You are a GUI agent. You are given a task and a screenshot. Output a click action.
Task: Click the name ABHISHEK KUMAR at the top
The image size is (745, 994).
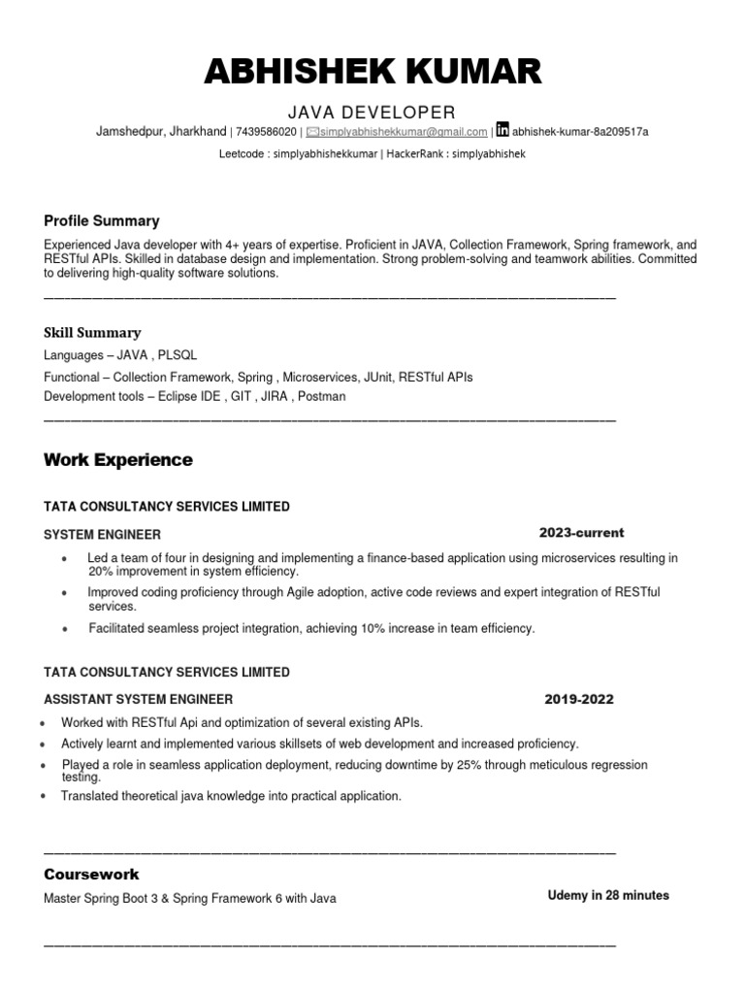372,72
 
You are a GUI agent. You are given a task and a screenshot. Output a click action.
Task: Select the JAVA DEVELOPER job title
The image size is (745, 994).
372,112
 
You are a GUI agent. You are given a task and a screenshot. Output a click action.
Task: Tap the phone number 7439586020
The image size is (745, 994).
266,132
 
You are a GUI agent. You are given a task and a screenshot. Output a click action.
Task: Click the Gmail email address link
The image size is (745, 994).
403,132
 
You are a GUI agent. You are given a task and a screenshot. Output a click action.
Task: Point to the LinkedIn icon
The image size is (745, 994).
502,130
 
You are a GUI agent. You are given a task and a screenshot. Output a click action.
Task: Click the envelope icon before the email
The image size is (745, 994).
312,132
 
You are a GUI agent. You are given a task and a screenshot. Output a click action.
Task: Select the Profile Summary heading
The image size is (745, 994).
102,220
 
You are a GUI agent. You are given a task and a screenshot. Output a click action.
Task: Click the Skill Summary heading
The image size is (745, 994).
92,332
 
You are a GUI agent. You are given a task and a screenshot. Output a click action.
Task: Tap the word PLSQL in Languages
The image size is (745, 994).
176,355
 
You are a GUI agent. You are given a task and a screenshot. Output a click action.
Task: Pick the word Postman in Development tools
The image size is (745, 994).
321,396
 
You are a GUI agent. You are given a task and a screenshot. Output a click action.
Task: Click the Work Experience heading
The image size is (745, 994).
118,460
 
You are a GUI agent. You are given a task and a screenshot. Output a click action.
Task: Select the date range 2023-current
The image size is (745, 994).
582,533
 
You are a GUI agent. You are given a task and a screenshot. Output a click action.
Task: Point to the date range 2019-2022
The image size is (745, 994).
579,699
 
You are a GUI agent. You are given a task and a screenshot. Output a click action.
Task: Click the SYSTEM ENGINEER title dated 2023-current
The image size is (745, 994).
103,534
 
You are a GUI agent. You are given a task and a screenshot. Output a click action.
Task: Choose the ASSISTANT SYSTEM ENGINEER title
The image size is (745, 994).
139,699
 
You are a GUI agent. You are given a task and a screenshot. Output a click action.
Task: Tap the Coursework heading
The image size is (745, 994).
91,874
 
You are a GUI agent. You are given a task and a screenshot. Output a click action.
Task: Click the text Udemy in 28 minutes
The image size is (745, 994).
608,895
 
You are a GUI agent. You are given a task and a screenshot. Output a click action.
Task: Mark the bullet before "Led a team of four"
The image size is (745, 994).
64,560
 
